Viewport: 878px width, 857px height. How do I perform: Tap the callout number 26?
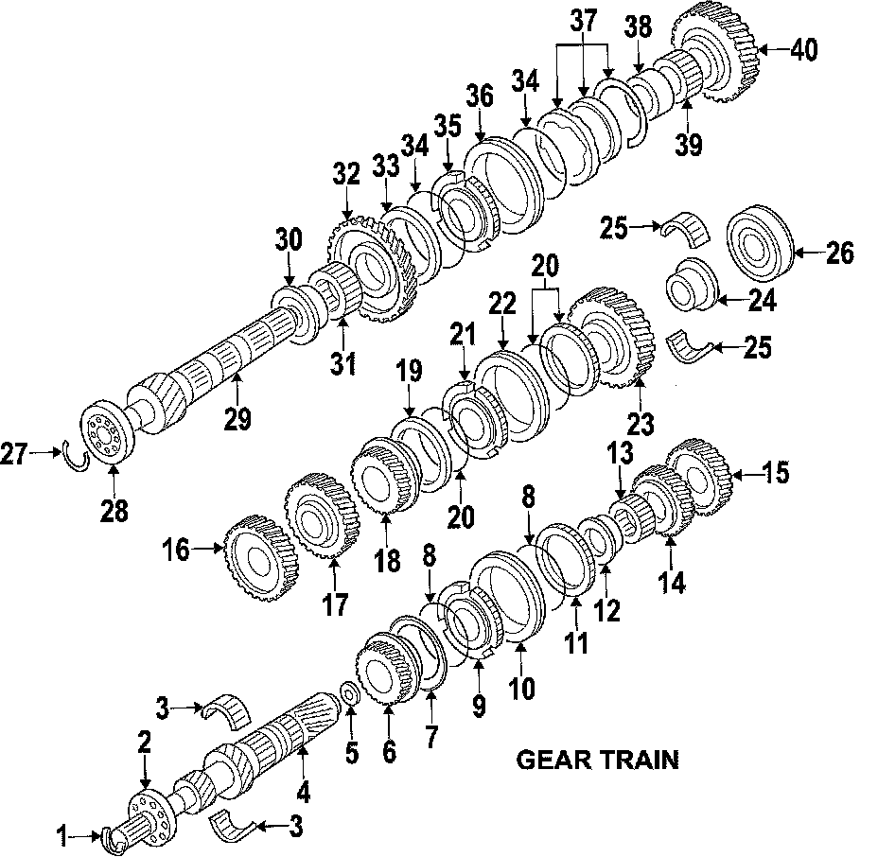coord(839,253)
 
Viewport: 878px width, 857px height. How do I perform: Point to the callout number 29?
coord(238,416)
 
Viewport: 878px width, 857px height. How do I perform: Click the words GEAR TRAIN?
coord(597,759)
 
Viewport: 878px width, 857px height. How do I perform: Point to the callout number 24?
coord(762,301)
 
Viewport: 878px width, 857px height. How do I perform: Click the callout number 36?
coord(480,97)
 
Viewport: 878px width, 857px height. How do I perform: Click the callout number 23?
coord(641,424)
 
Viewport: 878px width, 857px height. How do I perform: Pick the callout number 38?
coord(639,28)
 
